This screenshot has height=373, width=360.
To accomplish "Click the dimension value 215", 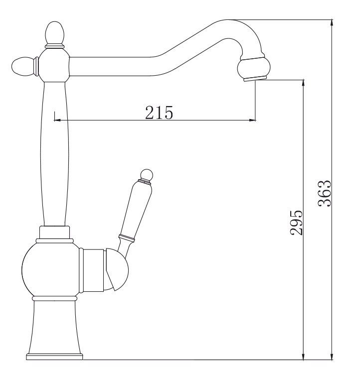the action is pyautogui.click(x=159, y=112).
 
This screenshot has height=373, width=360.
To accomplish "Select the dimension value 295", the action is pyautogui.click(x=296, y=223).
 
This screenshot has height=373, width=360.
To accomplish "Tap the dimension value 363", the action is pyautogui.click(x=325, y=193).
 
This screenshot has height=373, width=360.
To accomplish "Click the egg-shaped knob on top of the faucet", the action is pyautogui.click(x=54, y=32).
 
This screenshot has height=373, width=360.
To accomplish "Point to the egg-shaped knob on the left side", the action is pyautogui.click(x=23, y=67).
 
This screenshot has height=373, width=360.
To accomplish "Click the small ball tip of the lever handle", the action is pyautogui.click(x=146, y=174).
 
